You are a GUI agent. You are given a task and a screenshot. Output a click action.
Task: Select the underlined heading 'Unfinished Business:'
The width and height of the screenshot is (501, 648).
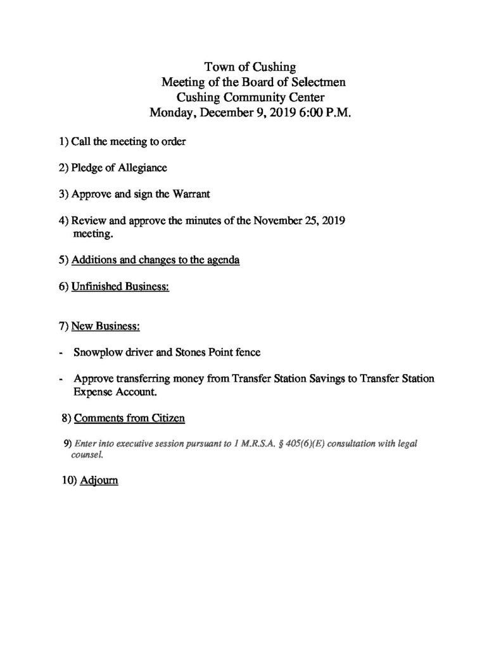(x=120, y=287)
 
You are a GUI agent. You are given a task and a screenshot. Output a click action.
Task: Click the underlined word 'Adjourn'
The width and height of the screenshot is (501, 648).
(x=99, y=481)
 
